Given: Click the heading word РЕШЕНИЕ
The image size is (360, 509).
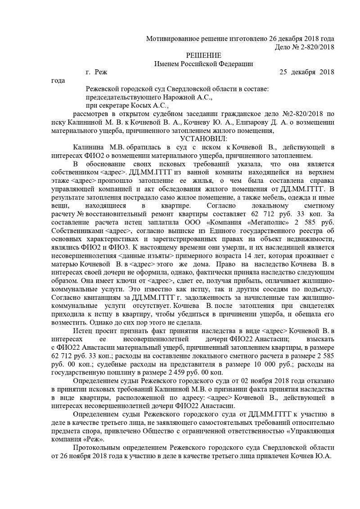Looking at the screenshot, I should coord(203,55).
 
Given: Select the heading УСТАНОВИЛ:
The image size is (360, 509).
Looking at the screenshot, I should coord(203,138).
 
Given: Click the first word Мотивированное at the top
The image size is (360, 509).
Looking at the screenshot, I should coord(172,39).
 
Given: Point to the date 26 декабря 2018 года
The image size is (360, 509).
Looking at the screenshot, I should coord(302,39).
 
